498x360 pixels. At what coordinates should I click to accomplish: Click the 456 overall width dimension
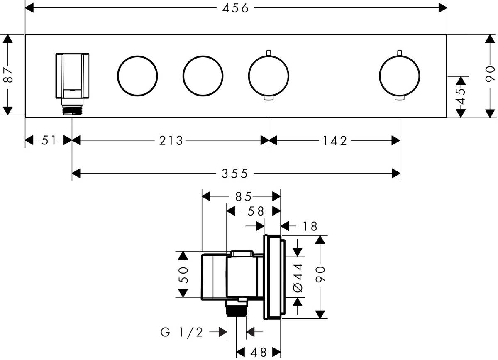click(x=236, y=8)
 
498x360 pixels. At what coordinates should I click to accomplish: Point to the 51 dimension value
click(x=49, y=141)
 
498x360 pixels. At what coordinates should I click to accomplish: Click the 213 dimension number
click(x=171, y=141)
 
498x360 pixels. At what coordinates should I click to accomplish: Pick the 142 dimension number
click(x=334, y=141)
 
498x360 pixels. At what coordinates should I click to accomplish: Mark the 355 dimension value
click(x=236, y=174)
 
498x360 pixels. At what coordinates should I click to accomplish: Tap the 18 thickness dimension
click(x=310, y=226)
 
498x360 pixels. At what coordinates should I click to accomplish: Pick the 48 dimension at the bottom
click(x=258, y=352)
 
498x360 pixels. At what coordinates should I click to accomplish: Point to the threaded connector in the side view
click(x=237, y=309)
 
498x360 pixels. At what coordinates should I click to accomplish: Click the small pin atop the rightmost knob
click(x=399, y=53)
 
